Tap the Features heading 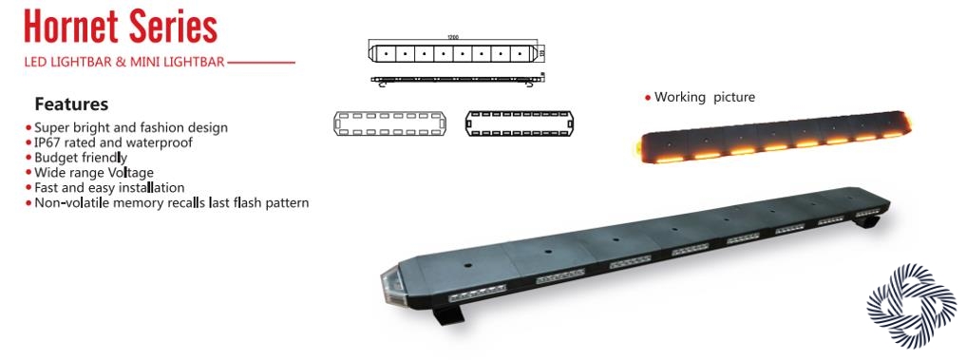71,104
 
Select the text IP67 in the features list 47,142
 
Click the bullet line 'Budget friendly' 81,158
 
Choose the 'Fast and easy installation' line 109,187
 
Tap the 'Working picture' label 704,97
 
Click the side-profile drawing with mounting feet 456,80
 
